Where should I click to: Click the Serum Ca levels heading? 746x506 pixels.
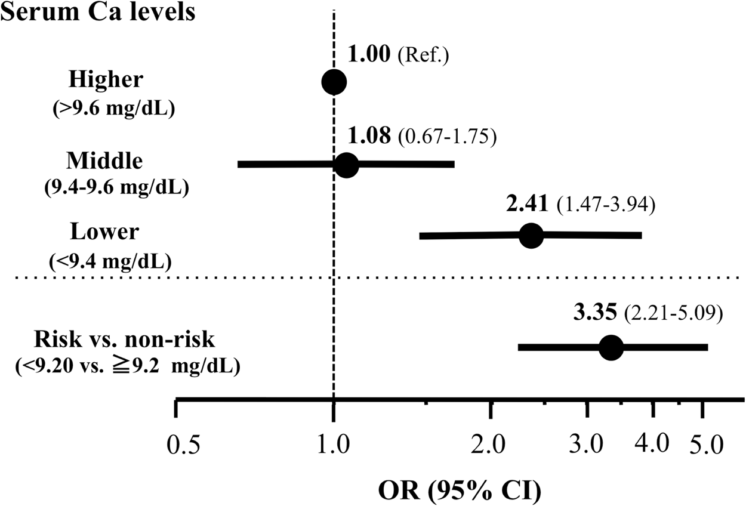[98, 12]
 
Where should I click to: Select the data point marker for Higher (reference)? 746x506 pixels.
[333, 82]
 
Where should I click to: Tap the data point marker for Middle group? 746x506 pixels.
[346, 165]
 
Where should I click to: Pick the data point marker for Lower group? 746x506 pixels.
[531, 236]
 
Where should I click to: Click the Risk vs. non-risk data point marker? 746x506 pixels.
[610, 347]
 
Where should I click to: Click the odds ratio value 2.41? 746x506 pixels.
[527, 205]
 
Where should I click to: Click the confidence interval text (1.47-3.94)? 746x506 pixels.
[606, 206]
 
